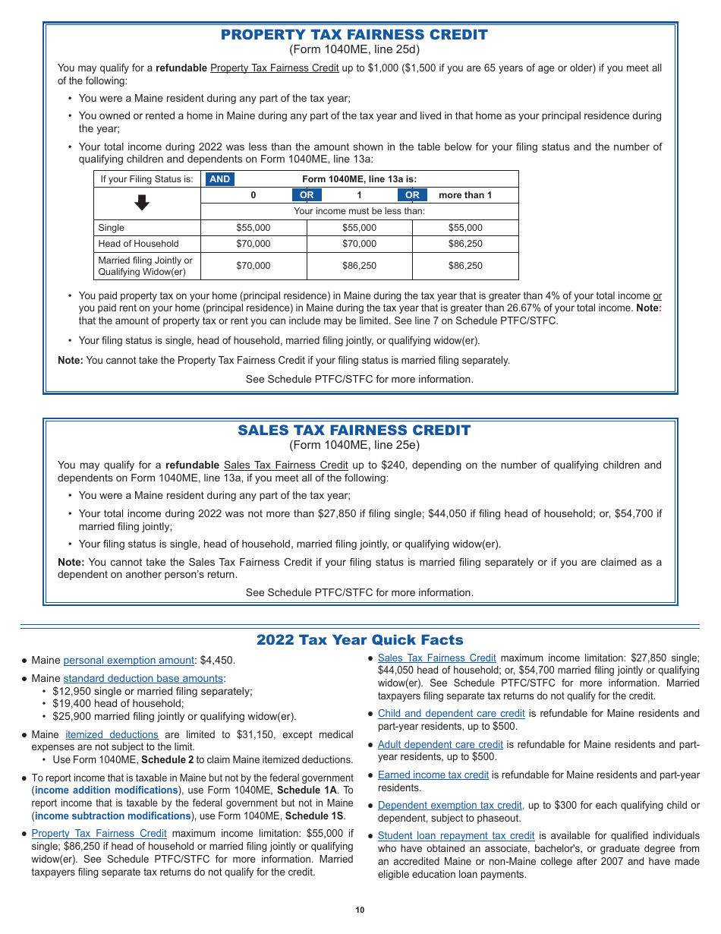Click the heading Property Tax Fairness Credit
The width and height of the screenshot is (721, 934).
tap(354, 35)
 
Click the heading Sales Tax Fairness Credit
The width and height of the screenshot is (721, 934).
tap(354, 431)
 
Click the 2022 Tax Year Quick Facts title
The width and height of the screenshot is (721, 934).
tap(360, 640)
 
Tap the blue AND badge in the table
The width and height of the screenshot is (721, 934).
tap(219, 179)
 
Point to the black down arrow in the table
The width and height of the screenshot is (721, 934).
tap(142, 203)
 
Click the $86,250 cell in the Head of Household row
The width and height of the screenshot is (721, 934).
tap(464, 244)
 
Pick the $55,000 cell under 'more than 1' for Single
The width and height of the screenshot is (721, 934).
tap(464, 228)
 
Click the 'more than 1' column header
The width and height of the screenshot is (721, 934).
tap(464, 195)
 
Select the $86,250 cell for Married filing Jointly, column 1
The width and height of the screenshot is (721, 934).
tap(359, 266)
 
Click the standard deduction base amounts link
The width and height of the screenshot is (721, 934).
tap(143, 678)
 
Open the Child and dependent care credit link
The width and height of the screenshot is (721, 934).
tap(451, 714)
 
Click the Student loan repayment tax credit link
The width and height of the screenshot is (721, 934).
tap(455, 836)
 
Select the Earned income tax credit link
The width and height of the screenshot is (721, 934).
tap(433, 775)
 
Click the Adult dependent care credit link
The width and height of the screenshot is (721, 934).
tap(440, 744)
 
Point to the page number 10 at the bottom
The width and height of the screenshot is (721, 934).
tap(360, 910)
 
